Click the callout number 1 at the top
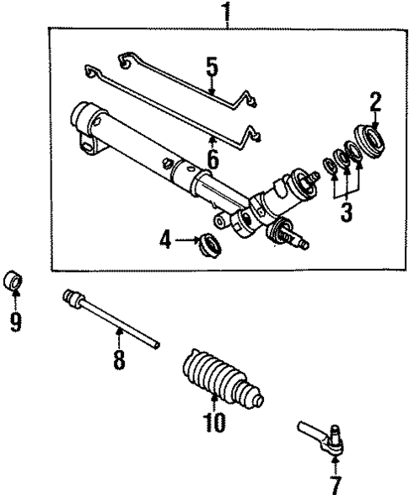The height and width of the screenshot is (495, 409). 226,12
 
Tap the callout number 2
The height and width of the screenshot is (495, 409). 375,104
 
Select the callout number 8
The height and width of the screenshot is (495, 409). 119,360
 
